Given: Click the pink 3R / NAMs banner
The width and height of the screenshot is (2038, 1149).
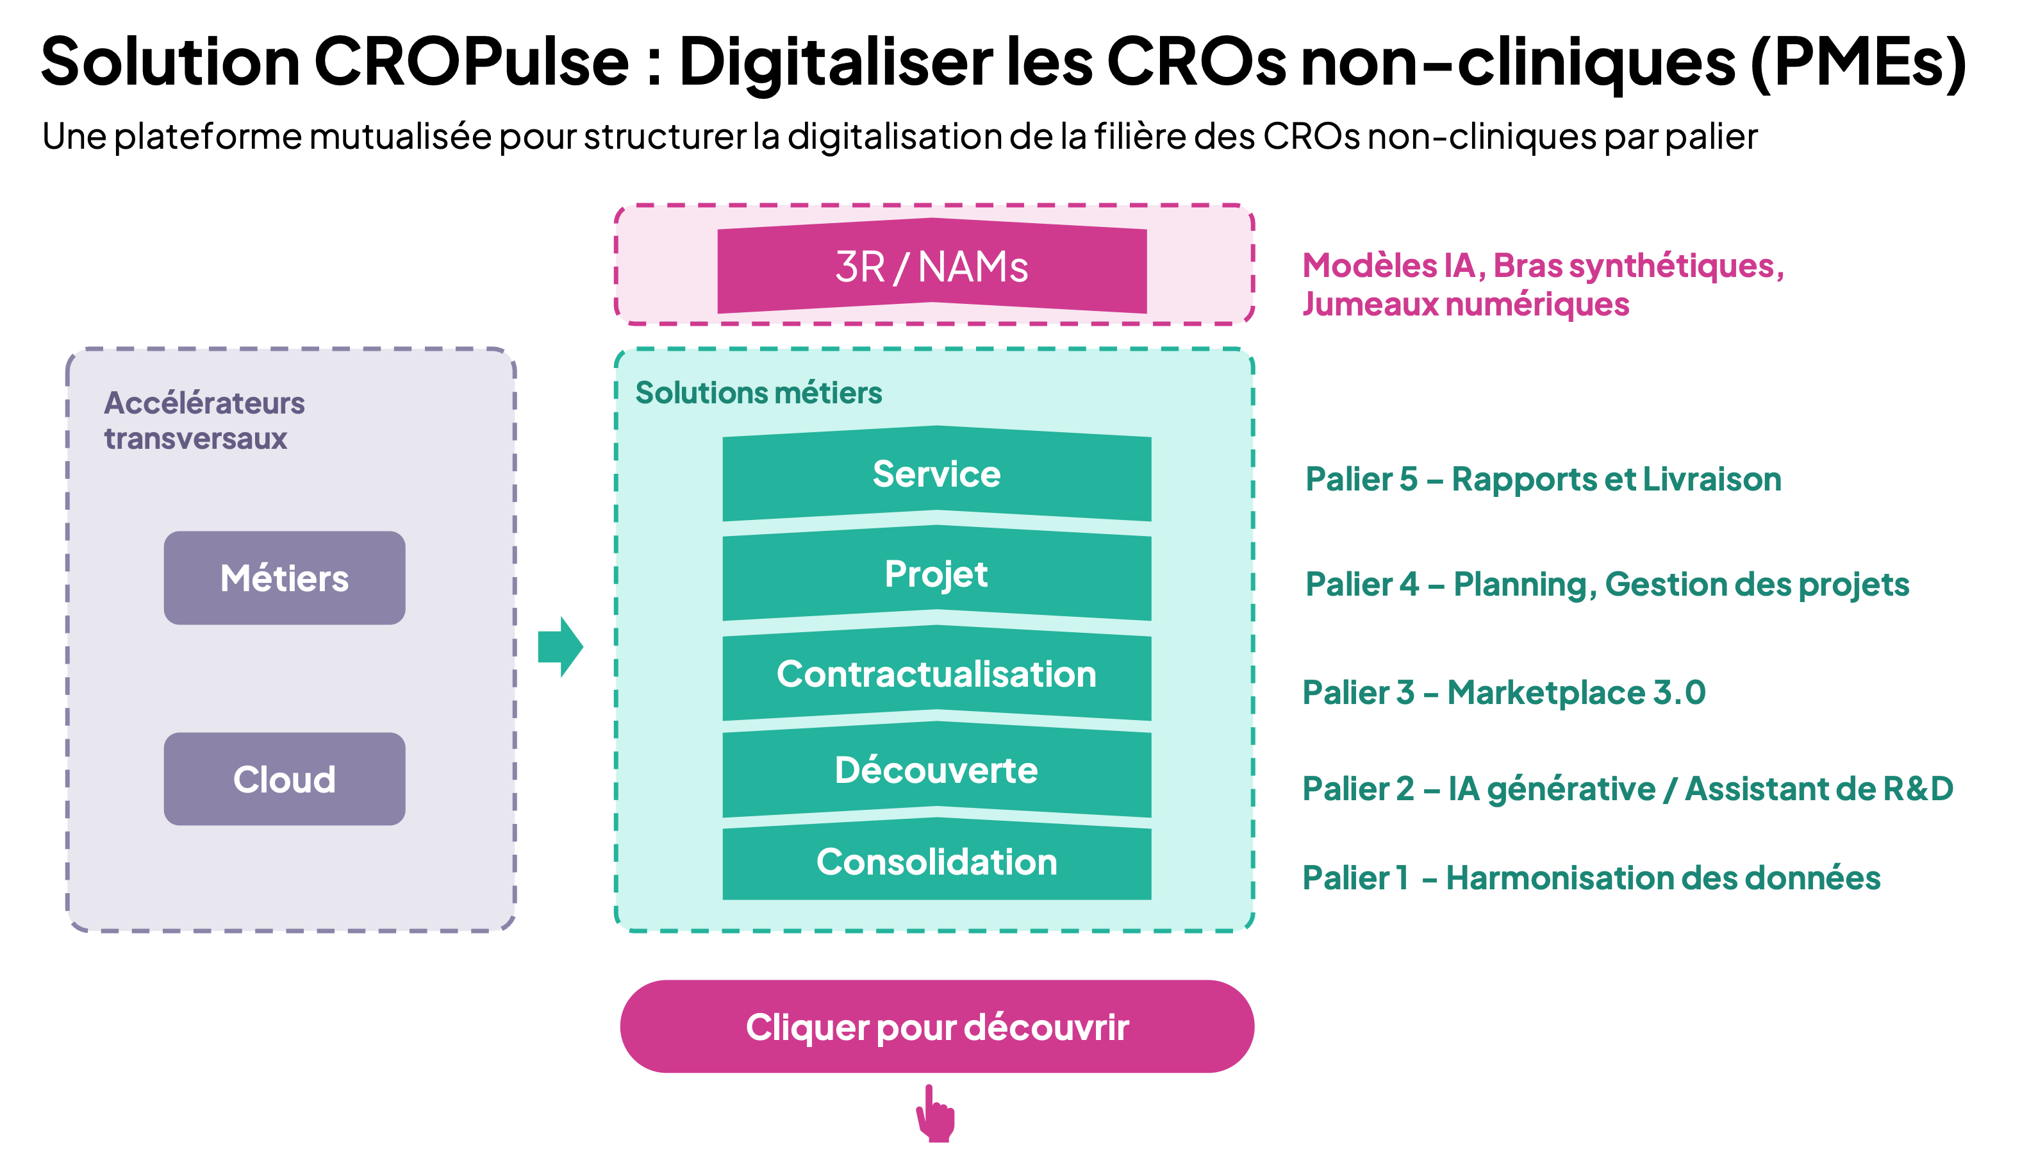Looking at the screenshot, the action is point(932,266).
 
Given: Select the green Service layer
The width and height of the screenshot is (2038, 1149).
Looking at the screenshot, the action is point(937,474).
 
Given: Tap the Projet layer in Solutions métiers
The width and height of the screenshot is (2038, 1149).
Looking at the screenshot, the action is point(937,574).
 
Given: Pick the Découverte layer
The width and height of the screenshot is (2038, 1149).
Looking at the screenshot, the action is point(937,770).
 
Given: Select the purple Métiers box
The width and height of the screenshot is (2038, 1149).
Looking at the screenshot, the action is point(285,578).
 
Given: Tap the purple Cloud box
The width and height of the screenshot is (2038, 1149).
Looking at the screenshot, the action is point(285,778).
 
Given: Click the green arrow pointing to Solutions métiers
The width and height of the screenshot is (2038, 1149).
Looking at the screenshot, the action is point(560,646).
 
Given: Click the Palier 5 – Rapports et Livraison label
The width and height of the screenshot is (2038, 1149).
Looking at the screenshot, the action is point(1543,480).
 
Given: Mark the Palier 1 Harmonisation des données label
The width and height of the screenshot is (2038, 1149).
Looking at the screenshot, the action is point(1591,878).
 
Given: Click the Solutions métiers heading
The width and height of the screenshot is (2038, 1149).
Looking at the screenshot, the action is point(759,392).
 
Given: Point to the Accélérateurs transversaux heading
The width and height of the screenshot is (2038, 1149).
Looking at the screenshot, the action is point(204,420).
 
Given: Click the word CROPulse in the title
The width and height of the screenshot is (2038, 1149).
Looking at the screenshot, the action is point(472,62).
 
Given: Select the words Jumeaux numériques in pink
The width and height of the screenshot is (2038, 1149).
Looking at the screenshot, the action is point(1466,305).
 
